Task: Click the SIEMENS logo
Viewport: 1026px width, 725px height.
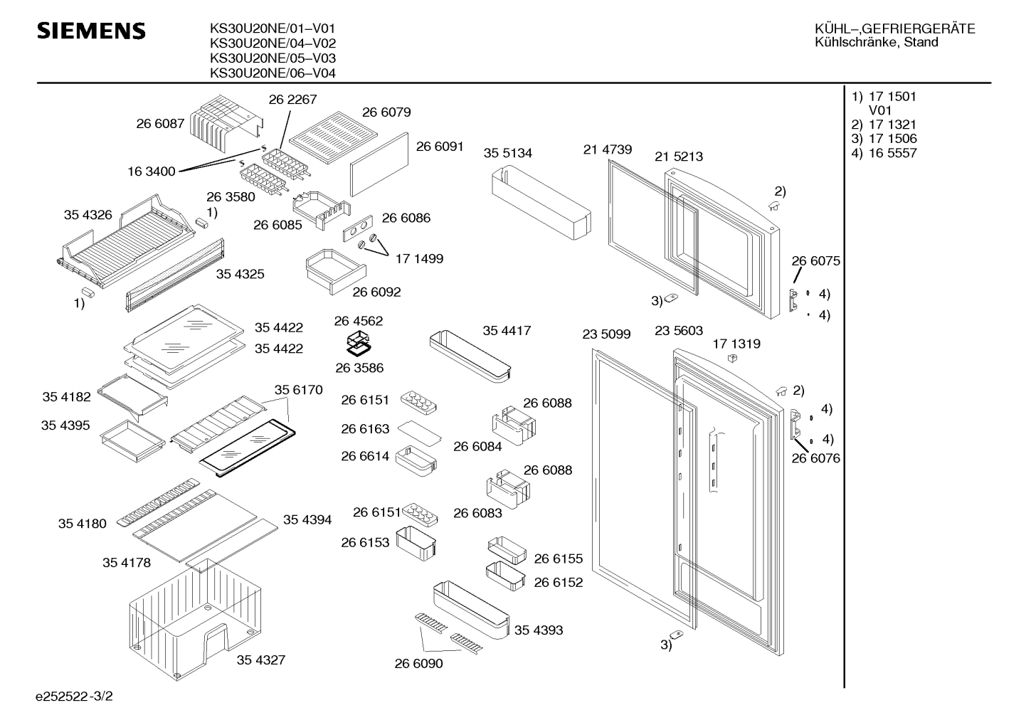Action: click(x=91, y=31)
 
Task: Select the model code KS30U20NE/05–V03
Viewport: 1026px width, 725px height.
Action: click(x=273, y=58)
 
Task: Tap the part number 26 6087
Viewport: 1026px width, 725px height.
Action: click(x=160, y=124)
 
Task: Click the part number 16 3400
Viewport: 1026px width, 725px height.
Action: click(x=151, y=171)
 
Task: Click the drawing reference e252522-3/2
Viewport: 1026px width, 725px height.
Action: click(x=74, y=697)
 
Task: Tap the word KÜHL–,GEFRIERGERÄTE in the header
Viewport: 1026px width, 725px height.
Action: click(x=895, y=29)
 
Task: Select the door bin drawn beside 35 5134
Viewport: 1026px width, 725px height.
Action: click(x=541, y=204)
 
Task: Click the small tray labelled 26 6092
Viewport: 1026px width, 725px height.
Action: click(x=337, y=271)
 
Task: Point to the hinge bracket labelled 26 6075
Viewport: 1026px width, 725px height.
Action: click(x=794, y=300)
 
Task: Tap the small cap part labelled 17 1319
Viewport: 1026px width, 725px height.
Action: click(x=732, y=358)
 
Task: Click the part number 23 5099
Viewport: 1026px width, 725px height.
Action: click(x=606, y=334)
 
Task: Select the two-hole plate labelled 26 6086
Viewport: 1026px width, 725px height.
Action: click(x=358, y=228)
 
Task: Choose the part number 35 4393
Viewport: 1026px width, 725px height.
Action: click(x=539, y=630)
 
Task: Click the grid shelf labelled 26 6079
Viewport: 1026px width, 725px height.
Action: click(x=334, y=137)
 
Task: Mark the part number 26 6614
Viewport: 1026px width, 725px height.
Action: click(x=365, y=456)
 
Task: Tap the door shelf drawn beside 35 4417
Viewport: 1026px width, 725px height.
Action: click(x=470, y=356)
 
